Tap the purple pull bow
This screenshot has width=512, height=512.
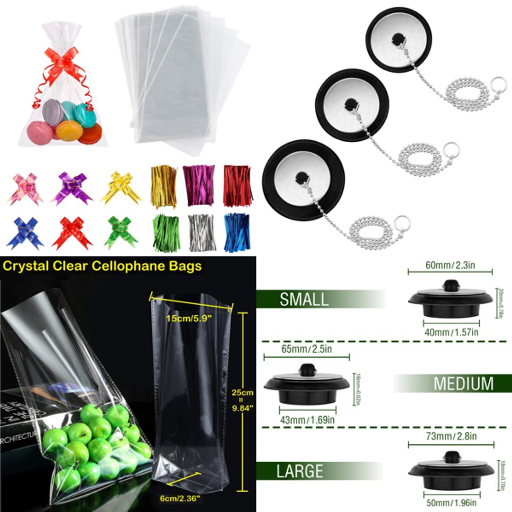click(72, 188)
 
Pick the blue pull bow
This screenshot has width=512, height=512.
click(25, 233)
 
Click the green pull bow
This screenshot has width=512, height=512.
click(120, 232)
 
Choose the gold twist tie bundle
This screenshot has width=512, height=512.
click(164, 185)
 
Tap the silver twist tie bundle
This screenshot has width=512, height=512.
click(201, 232)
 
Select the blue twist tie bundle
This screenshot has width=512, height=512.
click(237, 232)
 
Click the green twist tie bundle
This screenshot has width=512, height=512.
click(166, 233)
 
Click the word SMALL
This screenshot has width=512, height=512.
click(304, 300)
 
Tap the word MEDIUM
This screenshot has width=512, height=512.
click(463, 384)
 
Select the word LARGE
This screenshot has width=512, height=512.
click(300, 471)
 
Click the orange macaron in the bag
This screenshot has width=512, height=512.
click(68, 129)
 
